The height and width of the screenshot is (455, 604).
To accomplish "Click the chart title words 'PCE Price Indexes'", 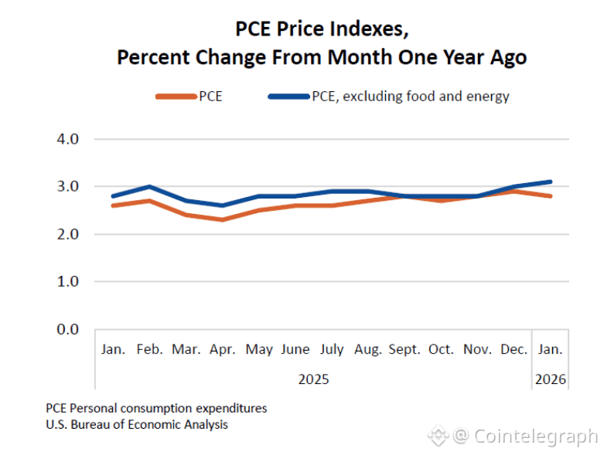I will pyautogui.click(x=322, y=29).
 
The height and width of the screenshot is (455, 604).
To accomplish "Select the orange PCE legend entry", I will pyautogui.click(x=189, y=97).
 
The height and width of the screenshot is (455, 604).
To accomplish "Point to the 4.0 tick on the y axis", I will pyautogui.click(x=69, y=139).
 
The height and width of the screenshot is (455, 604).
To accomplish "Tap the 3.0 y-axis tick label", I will pyautogui.click(x=69, y=186).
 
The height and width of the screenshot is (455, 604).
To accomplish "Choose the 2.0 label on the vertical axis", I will pyautogui.click(x=69, y=234).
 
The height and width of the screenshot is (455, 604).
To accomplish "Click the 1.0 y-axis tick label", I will pyautogui.click(x=69, y=281).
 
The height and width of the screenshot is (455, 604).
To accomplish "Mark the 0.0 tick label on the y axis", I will pyautogui.click(x=69, y=329).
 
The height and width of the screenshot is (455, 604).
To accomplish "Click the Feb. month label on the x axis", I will pyautogui.click(x=149, y=349).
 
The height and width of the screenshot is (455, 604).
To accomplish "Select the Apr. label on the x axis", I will pyautogui.click(x=223, y=349).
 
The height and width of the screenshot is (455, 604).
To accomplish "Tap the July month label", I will pyautogui.click(x=332, y=349).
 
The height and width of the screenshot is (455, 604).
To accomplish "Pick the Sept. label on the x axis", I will pyautogui.click(x=404, y=349).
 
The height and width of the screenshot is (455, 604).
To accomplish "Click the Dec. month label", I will pyautogui.click(x=514, y=349).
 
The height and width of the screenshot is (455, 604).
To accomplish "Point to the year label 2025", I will pyautogui.click(x=313, y=379).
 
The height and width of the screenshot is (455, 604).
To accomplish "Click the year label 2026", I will pyautogui.click(x=551, y=379).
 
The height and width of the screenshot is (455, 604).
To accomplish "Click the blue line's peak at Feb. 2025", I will pyautogui.click(x=149, y=186).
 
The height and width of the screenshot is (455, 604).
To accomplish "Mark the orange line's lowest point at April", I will pyautogui.click(x=223, y=220).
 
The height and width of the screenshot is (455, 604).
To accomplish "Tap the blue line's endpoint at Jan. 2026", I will pyautogui.click(x=551, y=182).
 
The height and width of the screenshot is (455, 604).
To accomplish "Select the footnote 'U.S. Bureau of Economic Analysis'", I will pyautogui.click(x=137, y=424).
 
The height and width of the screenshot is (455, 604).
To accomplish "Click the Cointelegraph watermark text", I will pyautogui.click(x=535, y=436).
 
